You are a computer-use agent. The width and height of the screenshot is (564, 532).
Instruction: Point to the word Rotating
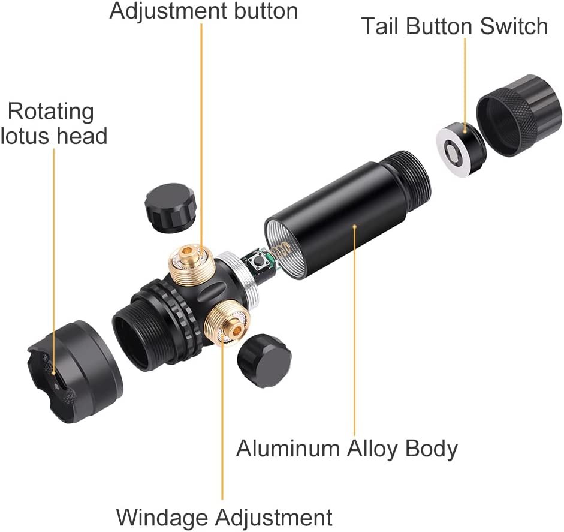pyautogui.click(x=51, y=112)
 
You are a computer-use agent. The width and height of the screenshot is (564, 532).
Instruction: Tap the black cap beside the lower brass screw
pyautogui.click(x=264, y=360)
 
